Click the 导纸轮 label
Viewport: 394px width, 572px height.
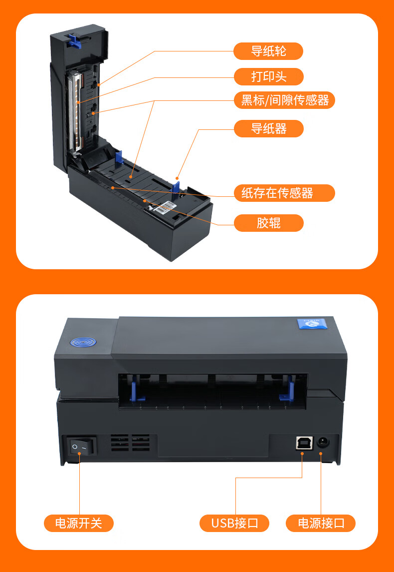[x=268, y=51]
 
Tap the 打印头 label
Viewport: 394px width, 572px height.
[x=268, y=76]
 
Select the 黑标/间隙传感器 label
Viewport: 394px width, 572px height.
[x=284, y=100]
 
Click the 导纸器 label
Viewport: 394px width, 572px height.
[x=268, y=128]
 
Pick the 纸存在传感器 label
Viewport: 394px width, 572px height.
[x=284, y=193]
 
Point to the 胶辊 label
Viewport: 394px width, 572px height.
[x=268, y=223]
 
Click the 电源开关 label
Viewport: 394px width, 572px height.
[x=79, y=523]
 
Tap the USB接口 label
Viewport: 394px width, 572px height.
[x=234, y=523]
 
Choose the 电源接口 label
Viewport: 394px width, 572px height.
[x=321, y=523]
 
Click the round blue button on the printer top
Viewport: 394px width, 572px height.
[x=82, y=343]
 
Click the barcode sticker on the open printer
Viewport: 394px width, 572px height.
[x=168, y=208]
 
